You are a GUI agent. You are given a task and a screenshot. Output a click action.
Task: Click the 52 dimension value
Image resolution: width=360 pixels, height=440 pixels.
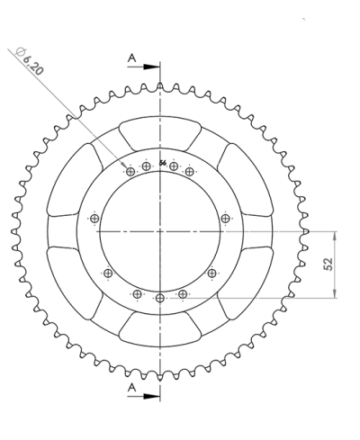click(x=328, y=264)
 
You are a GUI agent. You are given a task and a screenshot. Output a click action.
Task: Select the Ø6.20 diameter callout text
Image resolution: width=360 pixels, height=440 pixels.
click(x=30, y=61)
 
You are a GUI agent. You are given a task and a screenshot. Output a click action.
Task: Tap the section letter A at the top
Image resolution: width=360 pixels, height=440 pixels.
click(x=132, y=58)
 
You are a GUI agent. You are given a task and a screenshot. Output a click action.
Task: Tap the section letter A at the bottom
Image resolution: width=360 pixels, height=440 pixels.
click(x=132, y=387)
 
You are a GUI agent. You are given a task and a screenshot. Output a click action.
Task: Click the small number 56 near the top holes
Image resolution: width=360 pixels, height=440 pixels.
click(x=162, y=163)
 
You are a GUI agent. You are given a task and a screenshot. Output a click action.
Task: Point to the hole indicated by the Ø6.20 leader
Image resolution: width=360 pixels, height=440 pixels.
click(x=130, y=171)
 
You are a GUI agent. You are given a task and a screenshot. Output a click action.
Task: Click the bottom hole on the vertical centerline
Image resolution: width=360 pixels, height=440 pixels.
click(x=160, y=298)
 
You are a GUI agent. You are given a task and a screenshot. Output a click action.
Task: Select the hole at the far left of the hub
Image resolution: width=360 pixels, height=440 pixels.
click(x=94, y=218)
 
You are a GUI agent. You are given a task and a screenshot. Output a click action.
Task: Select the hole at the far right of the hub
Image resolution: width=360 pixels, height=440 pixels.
click(x=225, y=217)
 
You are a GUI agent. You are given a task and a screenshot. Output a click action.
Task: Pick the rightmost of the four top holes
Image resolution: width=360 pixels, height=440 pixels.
click(x=191, y=171)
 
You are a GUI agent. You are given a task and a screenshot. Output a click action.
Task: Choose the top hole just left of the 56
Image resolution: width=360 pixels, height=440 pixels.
click(x=146, y=166)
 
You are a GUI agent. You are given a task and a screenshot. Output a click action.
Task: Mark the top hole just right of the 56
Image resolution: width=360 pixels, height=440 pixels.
click(x=175, y=166)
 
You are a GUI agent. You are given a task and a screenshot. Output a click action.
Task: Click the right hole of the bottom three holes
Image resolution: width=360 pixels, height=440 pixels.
click(x=184, y=293)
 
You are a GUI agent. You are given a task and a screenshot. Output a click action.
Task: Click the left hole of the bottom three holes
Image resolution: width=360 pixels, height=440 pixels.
click(x=137, y=293)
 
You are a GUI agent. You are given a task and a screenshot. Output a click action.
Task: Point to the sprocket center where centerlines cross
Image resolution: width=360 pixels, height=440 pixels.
click(x=160, y=231)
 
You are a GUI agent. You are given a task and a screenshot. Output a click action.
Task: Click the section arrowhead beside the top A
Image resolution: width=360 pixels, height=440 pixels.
click(x=153, y=66)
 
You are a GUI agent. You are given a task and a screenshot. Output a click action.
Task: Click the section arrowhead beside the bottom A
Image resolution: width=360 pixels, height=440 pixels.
click(x=153, y=394)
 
